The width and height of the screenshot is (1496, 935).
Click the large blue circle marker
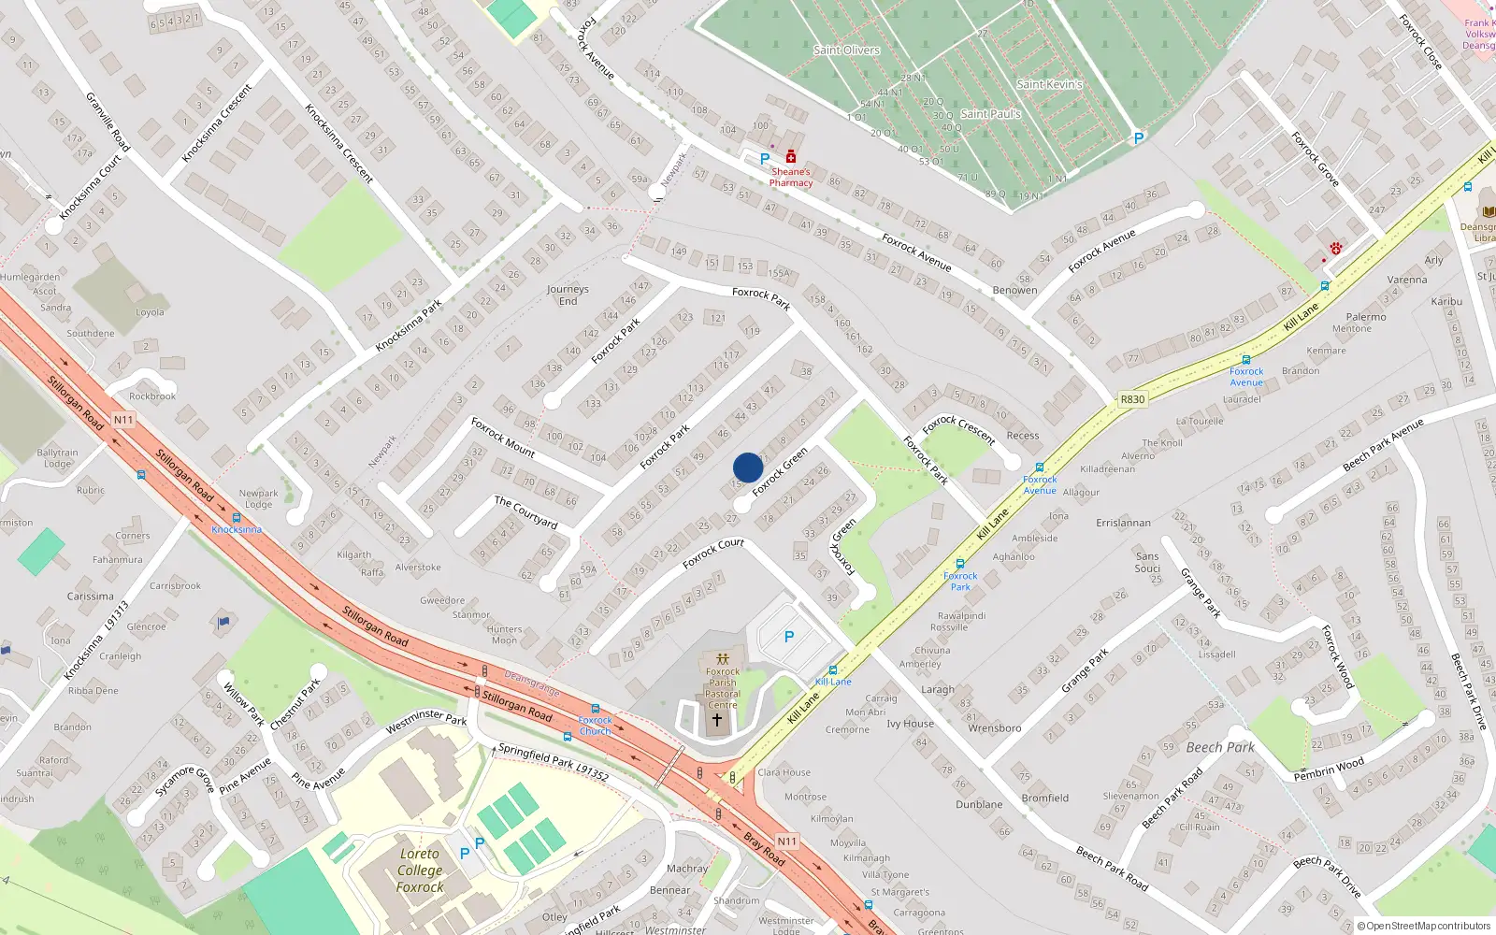coord(748,467)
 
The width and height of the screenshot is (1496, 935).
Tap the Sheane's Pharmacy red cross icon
coord(791,156)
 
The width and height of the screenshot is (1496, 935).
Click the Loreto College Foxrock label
coord(420,870)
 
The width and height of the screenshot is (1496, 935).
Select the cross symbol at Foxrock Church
coord(717,720)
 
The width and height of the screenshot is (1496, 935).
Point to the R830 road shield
coord(1132,399)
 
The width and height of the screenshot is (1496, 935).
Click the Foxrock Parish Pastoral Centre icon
coord(722,658)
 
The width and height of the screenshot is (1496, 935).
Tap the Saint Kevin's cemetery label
coord(1049,84)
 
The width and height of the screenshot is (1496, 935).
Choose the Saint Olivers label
coord(846,50)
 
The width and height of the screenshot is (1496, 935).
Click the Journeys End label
coord(568,295)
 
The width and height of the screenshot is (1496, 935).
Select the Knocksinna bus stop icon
coord(236,517)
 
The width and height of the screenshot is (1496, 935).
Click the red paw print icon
coord(1336,249)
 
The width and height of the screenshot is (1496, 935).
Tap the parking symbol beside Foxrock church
coord(789,637)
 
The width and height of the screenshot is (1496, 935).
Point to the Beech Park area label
coord(1220,747)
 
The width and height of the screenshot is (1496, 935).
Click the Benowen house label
coord(1014,290)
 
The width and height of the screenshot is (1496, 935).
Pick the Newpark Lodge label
coord(258,498)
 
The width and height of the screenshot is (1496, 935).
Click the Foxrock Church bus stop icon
coord(596,710)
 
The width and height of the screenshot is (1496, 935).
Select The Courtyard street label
coord(525,512)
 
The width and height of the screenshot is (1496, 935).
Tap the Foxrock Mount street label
coord(502,437)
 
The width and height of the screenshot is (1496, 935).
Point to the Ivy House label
coord(910,724)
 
